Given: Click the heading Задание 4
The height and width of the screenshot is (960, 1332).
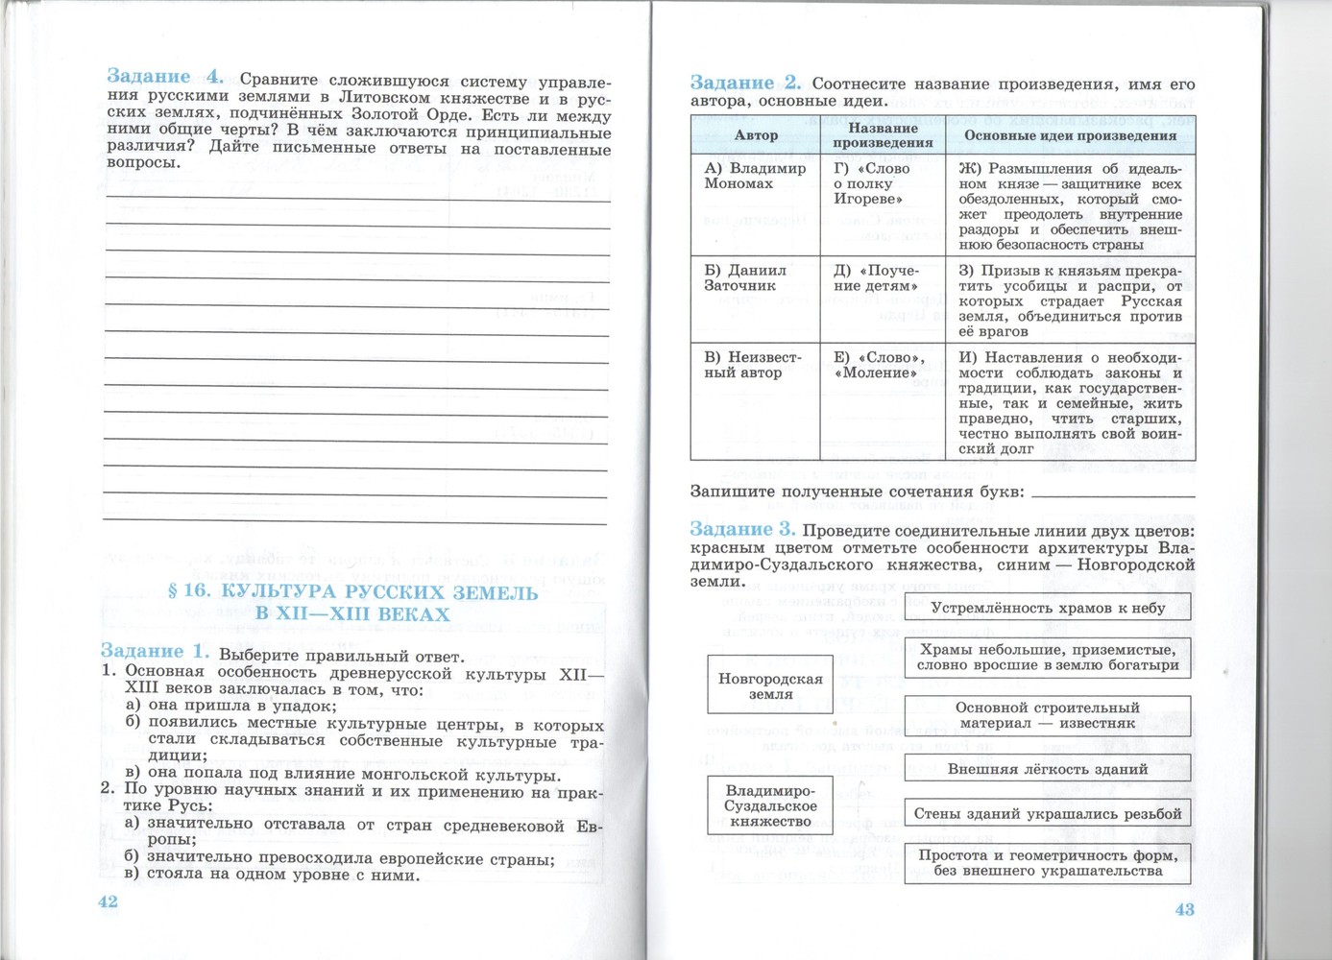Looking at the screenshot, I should (164, 77).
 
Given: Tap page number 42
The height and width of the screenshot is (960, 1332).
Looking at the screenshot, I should (108, 901).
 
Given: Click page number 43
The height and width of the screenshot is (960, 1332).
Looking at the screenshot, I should (1185, 909).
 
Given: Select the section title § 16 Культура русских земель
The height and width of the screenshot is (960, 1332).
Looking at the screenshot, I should (352, 603).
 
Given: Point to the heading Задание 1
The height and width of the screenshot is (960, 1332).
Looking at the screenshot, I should (154, 652).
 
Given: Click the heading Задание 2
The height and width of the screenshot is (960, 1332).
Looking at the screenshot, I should (745, 84).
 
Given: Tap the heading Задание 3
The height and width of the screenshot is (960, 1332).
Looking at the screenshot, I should (742, 530).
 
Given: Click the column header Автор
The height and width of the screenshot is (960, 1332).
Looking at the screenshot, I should (756, 135).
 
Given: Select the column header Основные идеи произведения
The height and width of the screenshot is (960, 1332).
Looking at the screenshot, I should (1070, 135).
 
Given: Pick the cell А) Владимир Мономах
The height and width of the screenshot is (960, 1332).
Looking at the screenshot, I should (755, 176).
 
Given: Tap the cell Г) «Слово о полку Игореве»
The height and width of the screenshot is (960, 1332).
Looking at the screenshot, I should (871, 183).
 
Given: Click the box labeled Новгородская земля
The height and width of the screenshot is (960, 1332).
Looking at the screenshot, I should (770, 685).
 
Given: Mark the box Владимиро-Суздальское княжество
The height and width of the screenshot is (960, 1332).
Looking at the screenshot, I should (770, 805).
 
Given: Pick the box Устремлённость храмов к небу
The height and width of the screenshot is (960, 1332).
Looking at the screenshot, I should (1047, 608).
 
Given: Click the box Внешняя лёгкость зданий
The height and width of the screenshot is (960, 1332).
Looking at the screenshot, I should (1047, 769).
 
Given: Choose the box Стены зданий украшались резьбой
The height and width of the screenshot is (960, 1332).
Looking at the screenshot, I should (1047, 814).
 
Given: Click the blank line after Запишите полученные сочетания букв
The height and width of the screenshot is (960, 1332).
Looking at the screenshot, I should (1112, 492).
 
